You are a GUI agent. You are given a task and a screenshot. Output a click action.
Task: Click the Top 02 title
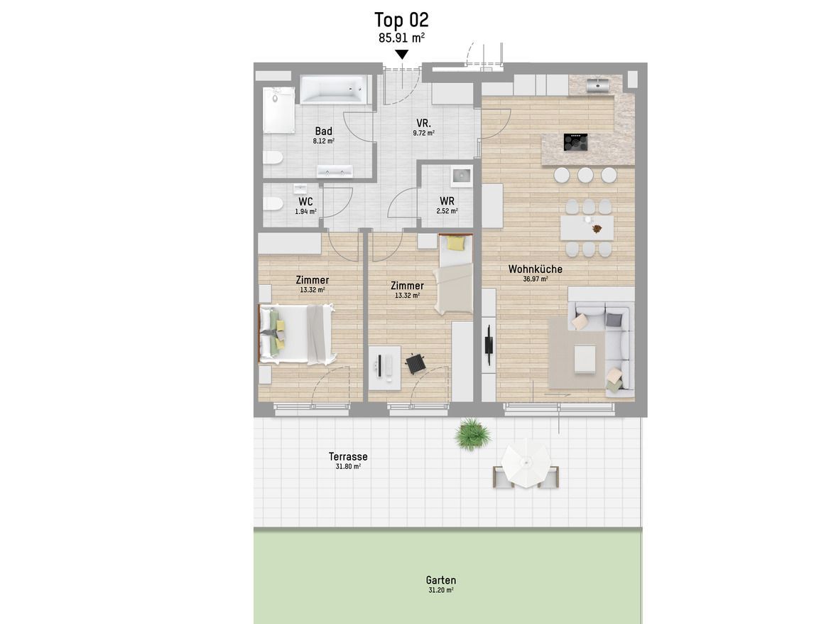coord(401,20)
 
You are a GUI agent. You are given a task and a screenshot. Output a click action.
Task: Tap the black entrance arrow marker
coord(402,54)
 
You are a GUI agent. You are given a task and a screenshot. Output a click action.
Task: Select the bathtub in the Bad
coord(333,90)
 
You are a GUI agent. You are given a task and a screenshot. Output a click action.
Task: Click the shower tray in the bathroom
coord(278,110)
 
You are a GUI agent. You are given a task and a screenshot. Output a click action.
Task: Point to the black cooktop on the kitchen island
coord(575,142)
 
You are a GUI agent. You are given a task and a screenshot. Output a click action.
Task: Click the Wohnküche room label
coord(536,269)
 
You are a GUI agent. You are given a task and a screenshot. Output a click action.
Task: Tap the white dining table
coord(587,228)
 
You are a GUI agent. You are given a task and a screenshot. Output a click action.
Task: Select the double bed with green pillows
coord(296,333)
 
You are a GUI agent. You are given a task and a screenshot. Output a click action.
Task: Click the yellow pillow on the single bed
coord(455,243)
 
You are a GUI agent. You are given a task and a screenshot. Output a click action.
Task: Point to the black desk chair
coord(415,364)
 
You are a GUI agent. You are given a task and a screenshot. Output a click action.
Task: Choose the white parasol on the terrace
coord(526,465)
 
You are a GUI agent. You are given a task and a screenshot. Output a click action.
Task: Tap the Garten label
coord(441,580)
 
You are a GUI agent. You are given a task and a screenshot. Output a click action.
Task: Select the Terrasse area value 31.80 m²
coord(348,466)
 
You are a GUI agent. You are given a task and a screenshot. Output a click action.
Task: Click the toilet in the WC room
coord(273,203)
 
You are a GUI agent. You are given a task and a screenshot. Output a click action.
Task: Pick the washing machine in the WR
coord(461,176)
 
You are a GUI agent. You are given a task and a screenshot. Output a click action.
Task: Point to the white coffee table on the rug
coord(585,358)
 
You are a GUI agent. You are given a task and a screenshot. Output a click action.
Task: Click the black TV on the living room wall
coord(488,345)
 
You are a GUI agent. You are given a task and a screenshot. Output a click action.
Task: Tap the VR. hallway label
coord(423,123)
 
